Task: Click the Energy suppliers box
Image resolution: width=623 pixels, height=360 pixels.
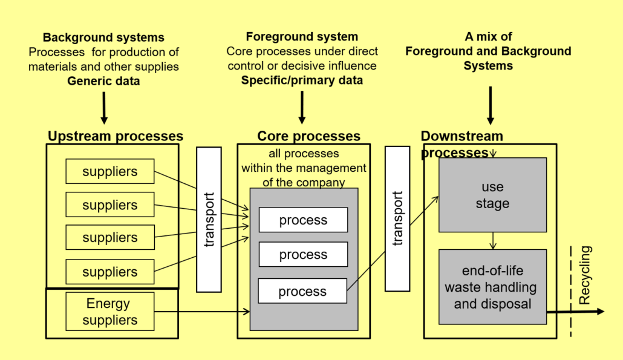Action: (x=109, y=312)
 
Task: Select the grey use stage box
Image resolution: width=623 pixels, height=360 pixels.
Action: (x=492, y=195)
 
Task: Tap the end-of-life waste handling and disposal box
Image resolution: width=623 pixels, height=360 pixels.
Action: (x=492, y=287)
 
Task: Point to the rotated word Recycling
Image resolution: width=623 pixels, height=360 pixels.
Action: (x=585, y=275)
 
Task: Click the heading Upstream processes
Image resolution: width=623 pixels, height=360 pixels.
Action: (x=115, y=136)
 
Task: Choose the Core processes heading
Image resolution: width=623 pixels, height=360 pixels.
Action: (x=308, y=136)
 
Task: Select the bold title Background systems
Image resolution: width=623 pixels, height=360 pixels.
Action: (x=103, y=38)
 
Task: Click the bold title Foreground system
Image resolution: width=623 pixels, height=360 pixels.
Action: (x=302, y=37)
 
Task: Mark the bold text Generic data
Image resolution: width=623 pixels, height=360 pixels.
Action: (x=103, y=80)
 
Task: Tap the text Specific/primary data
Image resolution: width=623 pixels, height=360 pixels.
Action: (x=302, y=80)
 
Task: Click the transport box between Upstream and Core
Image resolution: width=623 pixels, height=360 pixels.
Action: (x=209, y=219)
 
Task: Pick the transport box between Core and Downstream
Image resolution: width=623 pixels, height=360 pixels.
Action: (x=397, y=218)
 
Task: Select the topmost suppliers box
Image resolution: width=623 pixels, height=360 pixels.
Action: (x=109, y=171)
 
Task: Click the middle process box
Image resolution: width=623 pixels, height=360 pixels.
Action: (x=303, y=255)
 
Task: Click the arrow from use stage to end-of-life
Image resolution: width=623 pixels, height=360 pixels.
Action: (x=493, y=241)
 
